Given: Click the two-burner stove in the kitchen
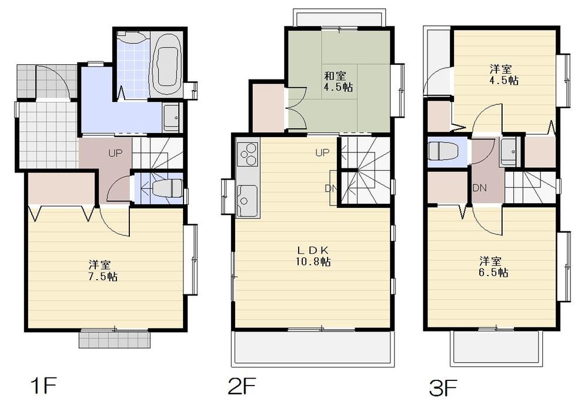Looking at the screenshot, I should [248, 154].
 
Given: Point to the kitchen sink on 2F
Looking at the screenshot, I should [246, 194].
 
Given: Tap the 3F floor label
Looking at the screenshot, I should [443, 388].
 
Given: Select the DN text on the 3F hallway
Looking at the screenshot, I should [479, 188].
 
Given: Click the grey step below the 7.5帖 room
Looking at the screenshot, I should [113, 339].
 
